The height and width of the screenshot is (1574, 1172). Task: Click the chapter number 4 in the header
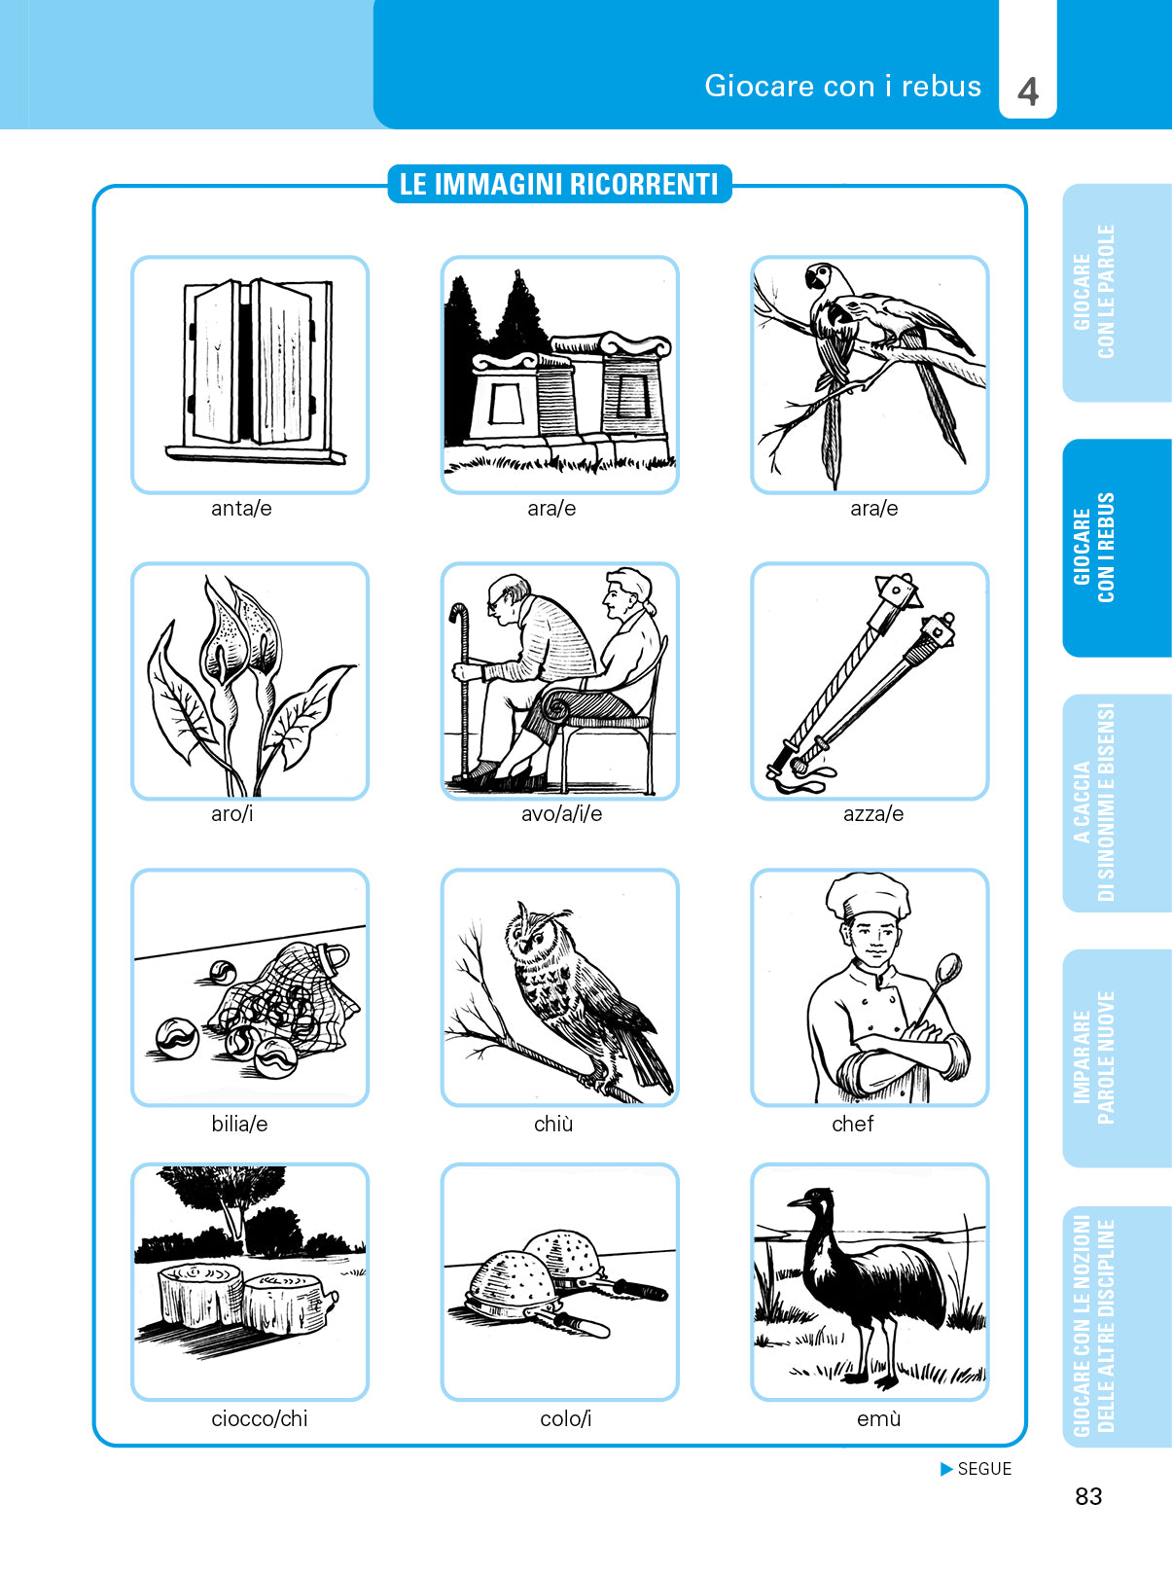click(x=1028, y=92)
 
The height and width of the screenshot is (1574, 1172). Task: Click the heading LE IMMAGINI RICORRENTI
click(x=558, y=184)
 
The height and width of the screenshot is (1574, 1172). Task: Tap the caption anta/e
click(x=241, y=508)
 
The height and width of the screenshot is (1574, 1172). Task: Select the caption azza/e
click(x=872, y=814)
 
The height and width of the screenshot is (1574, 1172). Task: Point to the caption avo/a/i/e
click(x=561, y=814)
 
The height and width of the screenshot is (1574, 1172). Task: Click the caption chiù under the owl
click(x=553, y=1125)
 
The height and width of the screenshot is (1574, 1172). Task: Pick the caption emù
click(x=878, y=1419)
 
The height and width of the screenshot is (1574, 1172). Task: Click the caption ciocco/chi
click(x=260, y=1419)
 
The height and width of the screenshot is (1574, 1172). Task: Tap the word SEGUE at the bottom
click(x=984, y=1469)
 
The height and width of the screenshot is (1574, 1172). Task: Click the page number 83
click(x=1088, y=1497)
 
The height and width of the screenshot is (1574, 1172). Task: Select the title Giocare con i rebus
click(x=842, y=87)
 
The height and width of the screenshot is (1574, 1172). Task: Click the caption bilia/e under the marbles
click(x=239, y=1125)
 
